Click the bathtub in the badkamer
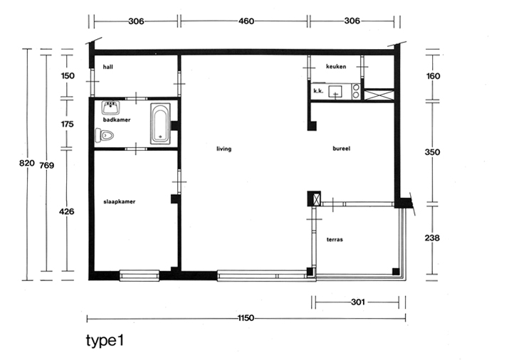(x=160, y=124)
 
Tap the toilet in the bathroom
(x=105, y=135)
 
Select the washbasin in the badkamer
(x=110, y=107)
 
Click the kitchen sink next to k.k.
(x=335, y=91)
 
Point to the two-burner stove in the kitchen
(x=356, y=91)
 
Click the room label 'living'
(x=224, y=149)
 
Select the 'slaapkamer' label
(x=120, y=201)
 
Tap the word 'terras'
(x=335, y=240)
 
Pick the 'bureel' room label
(x=341, y=149)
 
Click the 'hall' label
(x=107, y=67)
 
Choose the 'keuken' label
(x=336, y=66)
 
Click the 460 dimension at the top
(x=246, y=21)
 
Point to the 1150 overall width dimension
(x=246, y=318)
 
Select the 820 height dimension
(x=27, y=163)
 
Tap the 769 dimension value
(x=46, y=166)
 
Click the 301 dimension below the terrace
(x=358, y=302)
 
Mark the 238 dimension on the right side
(x=432, y=238)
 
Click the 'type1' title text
(x=105, y=341)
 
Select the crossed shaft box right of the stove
(x=379, y=95)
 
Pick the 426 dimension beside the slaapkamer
(x=66, y=211)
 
